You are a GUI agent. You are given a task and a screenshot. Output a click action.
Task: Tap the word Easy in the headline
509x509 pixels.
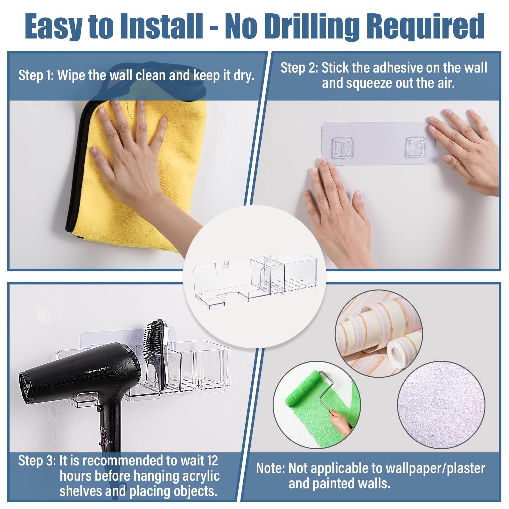(53, 27)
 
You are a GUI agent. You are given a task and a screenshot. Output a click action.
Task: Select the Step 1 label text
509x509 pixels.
(36, 75)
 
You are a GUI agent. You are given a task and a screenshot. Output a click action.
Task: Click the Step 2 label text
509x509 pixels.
(299, 68)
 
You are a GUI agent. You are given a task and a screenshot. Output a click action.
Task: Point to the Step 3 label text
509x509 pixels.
(37, 461)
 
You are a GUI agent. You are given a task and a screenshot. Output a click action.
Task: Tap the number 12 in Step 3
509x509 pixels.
(212, 460)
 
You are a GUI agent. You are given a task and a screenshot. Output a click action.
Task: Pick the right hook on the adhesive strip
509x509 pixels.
(416, 147)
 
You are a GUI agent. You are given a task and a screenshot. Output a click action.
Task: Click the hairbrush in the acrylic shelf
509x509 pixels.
(156, 353)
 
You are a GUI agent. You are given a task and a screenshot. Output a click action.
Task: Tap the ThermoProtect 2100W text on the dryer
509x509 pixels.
(96, 370)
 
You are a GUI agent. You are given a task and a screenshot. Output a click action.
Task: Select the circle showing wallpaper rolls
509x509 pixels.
(379, 333)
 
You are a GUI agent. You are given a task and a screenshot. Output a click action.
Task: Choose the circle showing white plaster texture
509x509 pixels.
(441, 405)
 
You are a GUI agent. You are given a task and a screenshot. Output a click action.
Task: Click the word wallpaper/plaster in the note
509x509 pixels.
(436, 469)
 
